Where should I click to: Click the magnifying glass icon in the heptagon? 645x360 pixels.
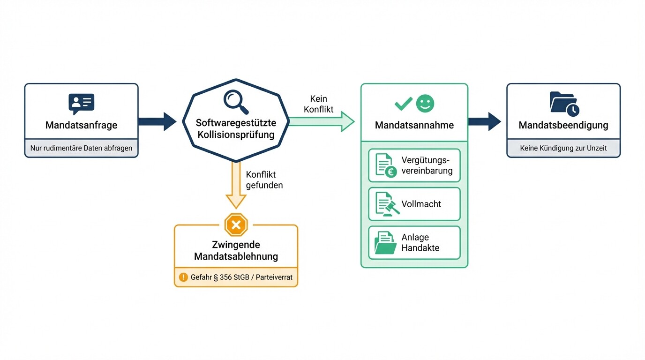pos(236,101)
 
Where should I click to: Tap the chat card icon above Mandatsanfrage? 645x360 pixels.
pos(81,104)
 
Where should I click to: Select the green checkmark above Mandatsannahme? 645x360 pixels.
pos(403,104)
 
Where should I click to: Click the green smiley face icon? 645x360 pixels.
pos(426,104)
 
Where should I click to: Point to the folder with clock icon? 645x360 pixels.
pos(564,104)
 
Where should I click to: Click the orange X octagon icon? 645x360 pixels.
pos(236,225)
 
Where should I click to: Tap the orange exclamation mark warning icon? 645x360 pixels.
pos(182,277)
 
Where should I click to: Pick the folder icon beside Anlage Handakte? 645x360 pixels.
pos(385,242)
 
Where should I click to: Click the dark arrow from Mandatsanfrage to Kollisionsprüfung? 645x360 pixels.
pos(157,121)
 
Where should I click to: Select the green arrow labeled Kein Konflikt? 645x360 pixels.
pos(322,121)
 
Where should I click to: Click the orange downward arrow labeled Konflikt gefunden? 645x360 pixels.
pos(236,185)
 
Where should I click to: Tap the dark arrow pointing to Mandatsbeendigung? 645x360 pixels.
pos(484,121)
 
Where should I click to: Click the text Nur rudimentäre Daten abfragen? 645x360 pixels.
pos(81,148)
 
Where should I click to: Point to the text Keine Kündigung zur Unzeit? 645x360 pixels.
pos(563,148)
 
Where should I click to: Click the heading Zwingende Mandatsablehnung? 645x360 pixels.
pos(236,250)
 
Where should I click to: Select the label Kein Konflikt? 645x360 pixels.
pos(319,104)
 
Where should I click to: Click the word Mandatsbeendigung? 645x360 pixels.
pos(563,125)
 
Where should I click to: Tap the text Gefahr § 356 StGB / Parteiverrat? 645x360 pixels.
pos(241,277)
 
